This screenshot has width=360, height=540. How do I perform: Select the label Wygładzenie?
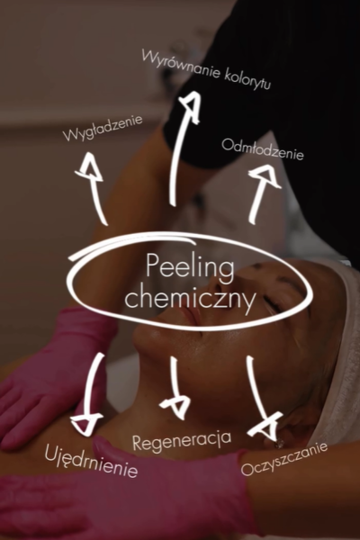coord(103,128)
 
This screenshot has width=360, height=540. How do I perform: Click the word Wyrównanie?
coord(181,64)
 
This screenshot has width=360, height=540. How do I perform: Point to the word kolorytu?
coord(247,81)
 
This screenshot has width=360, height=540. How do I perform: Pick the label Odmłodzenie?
coord(263,150)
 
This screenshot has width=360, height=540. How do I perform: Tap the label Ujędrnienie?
coord(91,461)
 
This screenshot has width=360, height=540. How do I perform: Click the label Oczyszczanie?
coord(283,459)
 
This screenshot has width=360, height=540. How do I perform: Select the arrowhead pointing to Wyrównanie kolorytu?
coord(191,106)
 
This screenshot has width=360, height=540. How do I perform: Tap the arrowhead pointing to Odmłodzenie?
coord(265,176)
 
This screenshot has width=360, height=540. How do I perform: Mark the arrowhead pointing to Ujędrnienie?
coord(85,424)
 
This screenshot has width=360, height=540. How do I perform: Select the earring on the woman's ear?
coord(279,444)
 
